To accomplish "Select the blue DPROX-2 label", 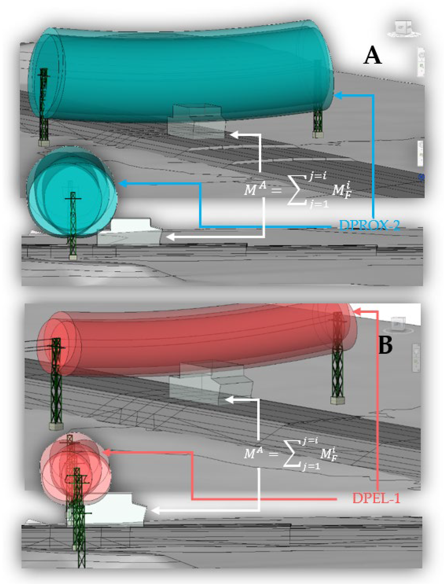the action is (x=369, y=226).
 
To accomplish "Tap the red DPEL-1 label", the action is (x=376, y=499).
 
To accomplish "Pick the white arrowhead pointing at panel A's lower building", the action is (x=170, y=237).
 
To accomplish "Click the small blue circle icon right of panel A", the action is (x=421, y=177).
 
